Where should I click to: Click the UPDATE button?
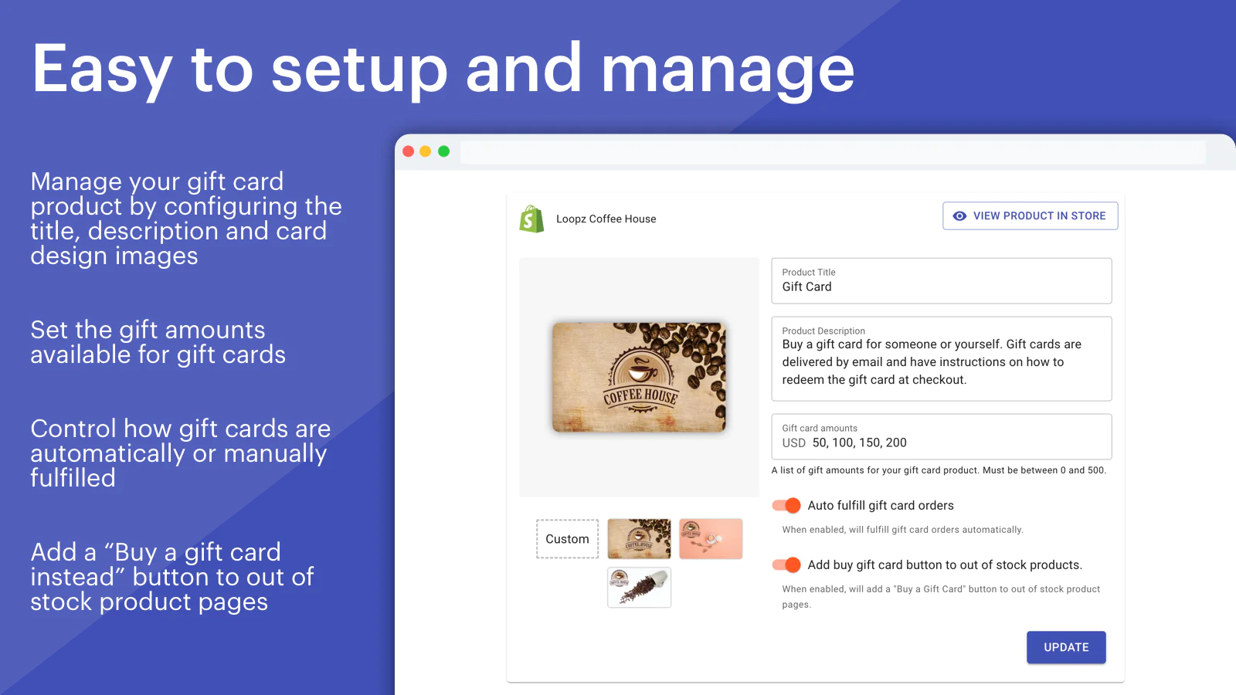[1066, 647]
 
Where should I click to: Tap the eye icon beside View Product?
[959, 215]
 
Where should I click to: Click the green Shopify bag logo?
[531, 219]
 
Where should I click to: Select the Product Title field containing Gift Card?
[942, 281]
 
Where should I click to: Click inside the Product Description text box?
[942, 358]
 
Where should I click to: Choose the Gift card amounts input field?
[942, 436]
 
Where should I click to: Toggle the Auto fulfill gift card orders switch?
[786, 505]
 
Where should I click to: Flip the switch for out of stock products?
[786, 564]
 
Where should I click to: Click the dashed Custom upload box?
[567, 539]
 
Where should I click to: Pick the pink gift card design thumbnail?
[711, 539]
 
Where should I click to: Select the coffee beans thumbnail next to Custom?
[639, 539]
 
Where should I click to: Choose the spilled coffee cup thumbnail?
[639, 588]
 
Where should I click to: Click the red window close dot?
[409, 151]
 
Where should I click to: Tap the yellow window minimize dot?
[426, 151]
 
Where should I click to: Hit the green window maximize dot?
[443, 151]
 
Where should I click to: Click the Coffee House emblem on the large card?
[640, 381]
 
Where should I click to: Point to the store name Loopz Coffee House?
[606, 219]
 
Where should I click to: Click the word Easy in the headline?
[102, 70]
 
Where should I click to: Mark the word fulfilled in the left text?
[73, 478]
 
